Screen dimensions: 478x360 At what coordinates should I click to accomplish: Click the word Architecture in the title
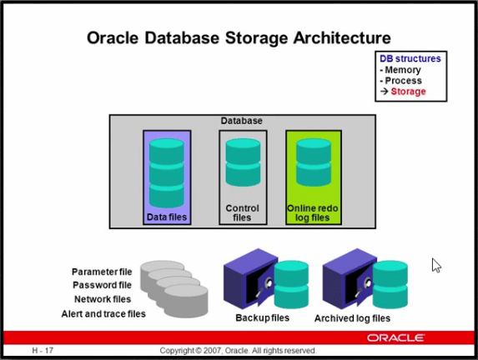342,38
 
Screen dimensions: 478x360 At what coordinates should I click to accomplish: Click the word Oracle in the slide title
113,38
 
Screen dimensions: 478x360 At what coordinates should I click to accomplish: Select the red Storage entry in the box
408,92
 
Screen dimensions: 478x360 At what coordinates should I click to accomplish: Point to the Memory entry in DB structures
403,70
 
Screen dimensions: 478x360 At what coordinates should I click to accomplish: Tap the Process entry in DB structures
403,81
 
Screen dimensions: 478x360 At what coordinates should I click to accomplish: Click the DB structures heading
410,58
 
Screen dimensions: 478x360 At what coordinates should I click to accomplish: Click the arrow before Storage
384,91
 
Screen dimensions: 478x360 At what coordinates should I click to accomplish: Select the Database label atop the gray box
241,121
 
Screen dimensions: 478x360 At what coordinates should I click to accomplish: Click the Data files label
167,217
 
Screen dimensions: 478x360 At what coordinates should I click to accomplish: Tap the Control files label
243,212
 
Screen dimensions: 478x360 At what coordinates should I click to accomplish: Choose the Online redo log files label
313,212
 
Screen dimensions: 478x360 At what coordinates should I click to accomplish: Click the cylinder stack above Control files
243,162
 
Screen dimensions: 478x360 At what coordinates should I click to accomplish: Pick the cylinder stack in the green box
314,162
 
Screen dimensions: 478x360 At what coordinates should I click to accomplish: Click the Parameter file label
102,272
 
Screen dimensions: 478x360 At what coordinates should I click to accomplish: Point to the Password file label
102,285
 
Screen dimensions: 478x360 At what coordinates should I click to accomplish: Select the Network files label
103,299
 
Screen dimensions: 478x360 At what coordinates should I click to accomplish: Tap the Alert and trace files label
103,313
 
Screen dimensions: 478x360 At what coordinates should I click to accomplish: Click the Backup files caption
263,318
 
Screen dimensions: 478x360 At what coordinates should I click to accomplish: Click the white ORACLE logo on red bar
395,337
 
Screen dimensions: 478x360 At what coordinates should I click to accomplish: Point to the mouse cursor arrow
436,265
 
